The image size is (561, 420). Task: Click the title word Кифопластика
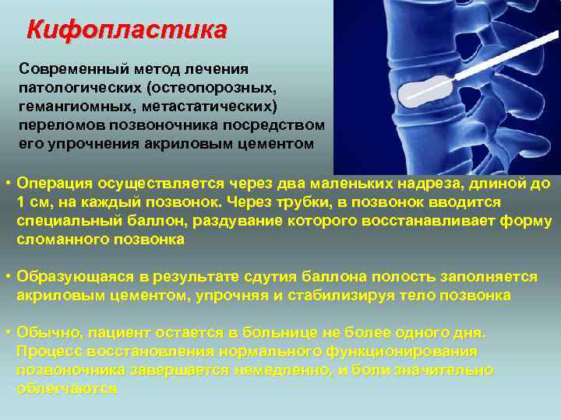[126, 30]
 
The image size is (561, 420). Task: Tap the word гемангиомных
[72, 106]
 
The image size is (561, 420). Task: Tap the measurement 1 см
[34, 202]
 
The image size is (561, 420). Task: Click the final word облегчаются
[66, 389]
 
